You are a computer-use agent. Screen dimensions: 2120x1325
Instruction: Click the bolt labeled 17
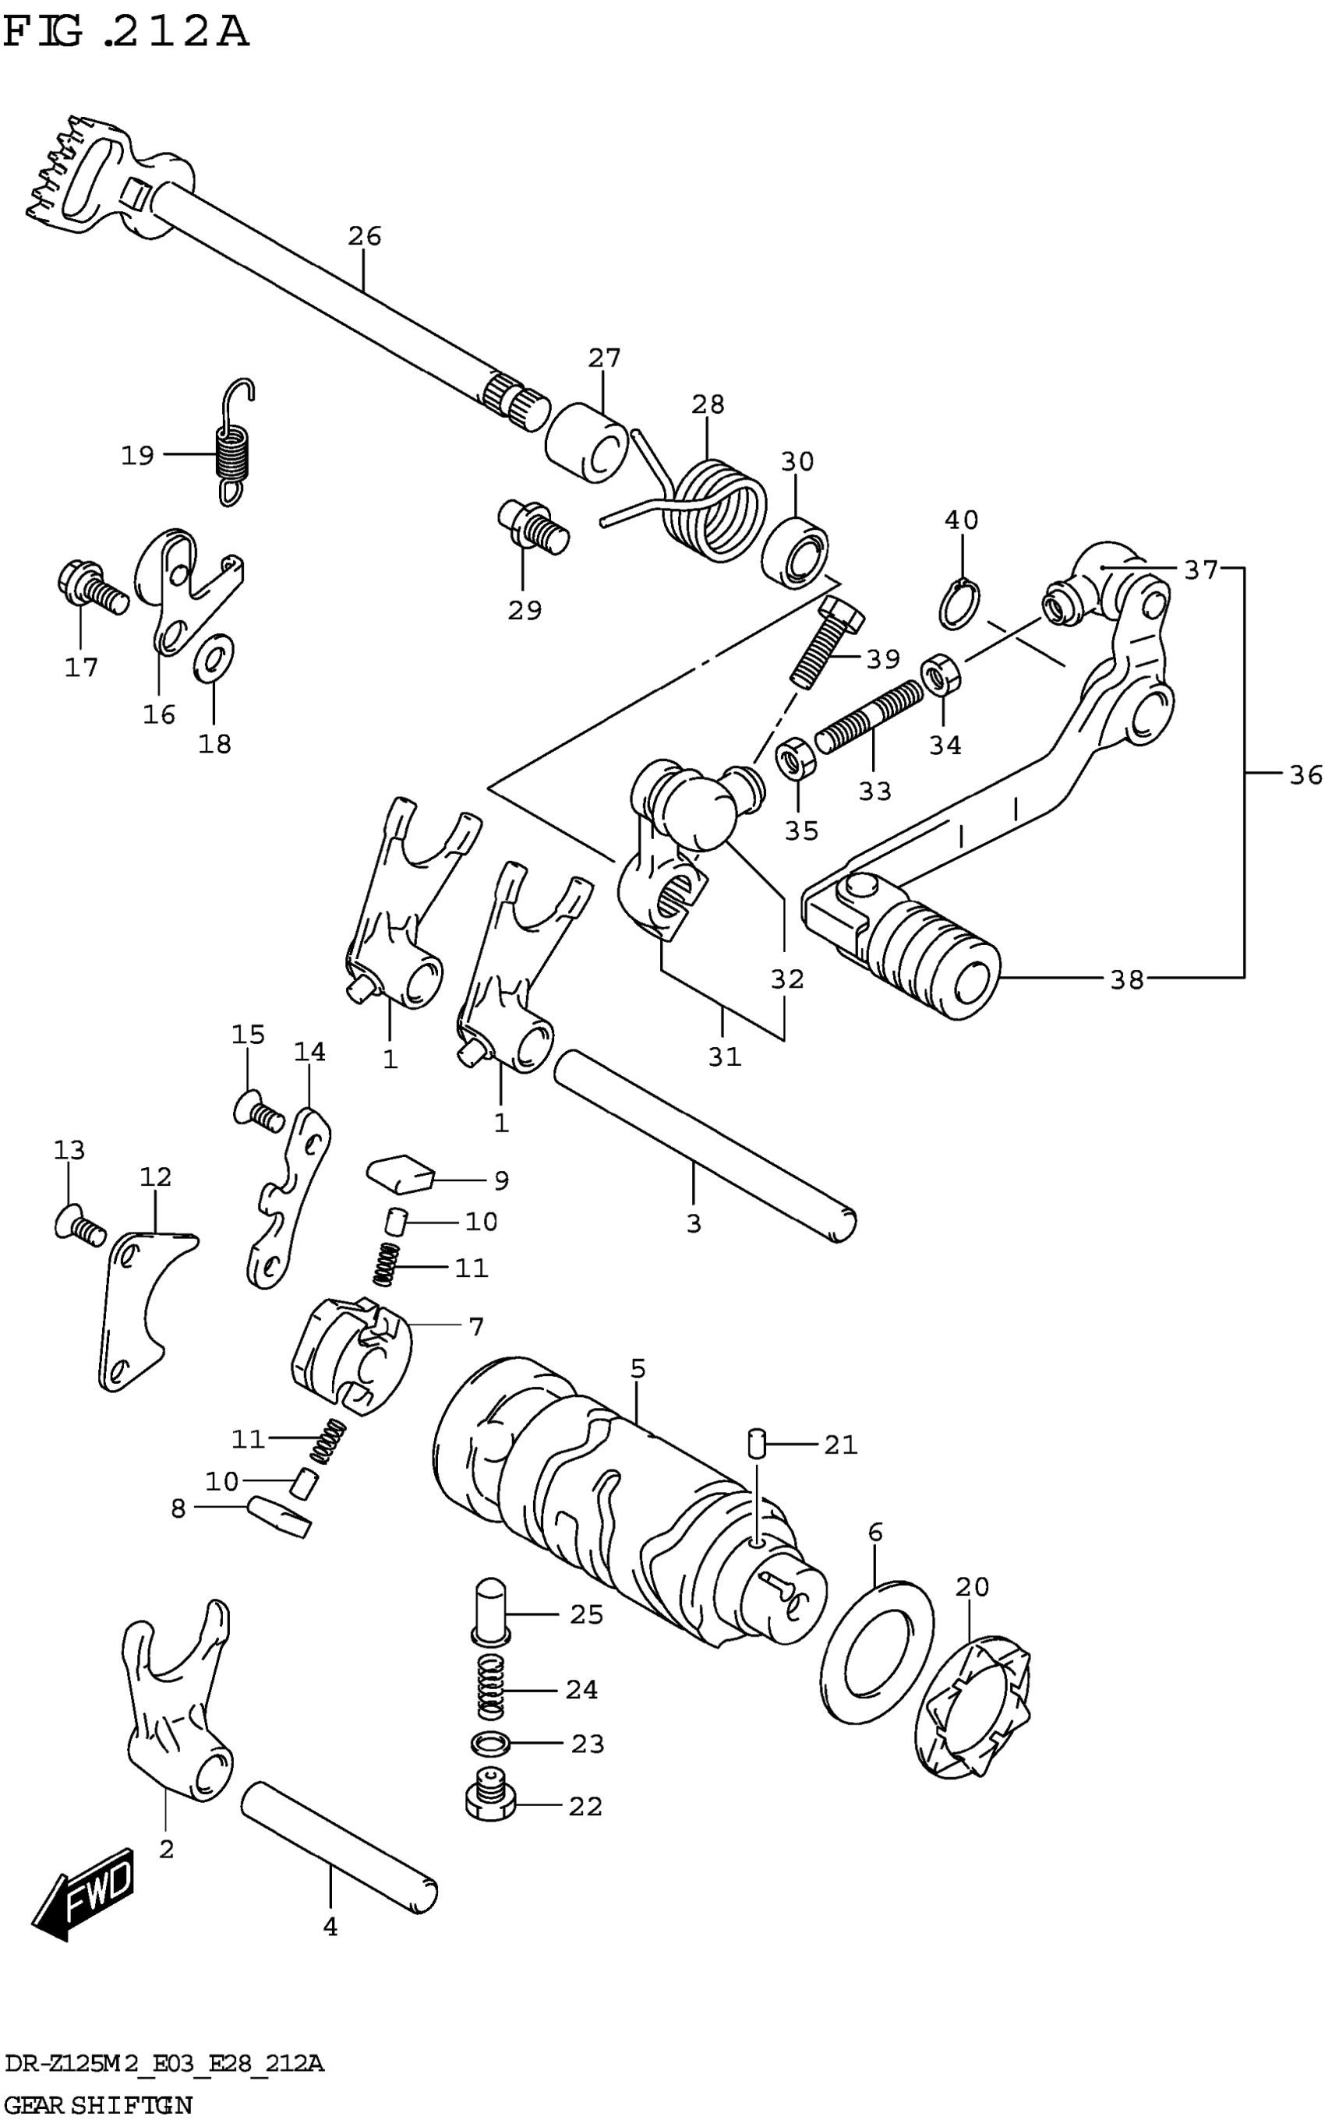(x=91, y=587)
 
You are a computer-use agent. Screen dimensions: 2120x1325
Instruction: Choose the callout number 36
(x=1305, y=774)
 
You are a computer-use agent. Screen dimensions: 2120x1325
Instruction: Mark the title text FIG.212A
(x=126, y=33)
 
